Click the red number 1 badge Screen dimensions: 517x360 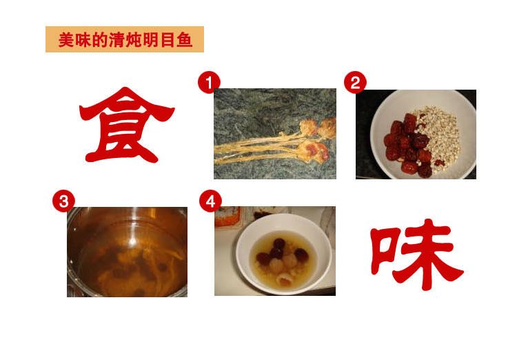[209, 83]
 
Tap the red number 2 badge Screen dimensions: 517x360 [355, 83]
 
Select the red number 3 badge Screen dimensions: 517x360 [63, 201]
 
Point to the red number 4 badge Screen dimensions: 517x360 [210, 201]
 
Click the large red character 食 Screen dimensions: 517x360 [126, 125]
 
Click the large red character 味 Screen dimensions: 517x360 [416, 254]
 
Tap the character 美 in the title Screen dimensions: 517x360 [66, 40]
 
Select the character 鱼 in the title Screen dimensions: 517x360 [184, 40]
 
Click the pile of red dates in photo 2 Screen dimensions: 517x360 [409, 146]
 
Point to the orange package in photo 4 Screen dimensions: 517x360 [227, 217]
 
